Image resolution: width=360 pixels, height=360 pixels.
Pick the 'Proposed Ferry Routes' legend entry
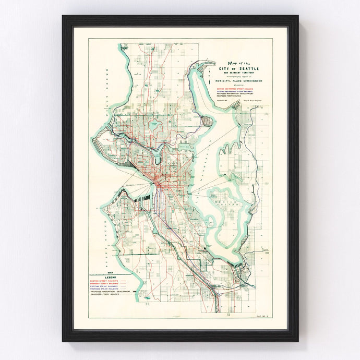point(104,294)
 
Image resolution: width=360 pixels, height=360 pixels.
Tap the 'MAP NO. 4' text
point(270,317)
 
